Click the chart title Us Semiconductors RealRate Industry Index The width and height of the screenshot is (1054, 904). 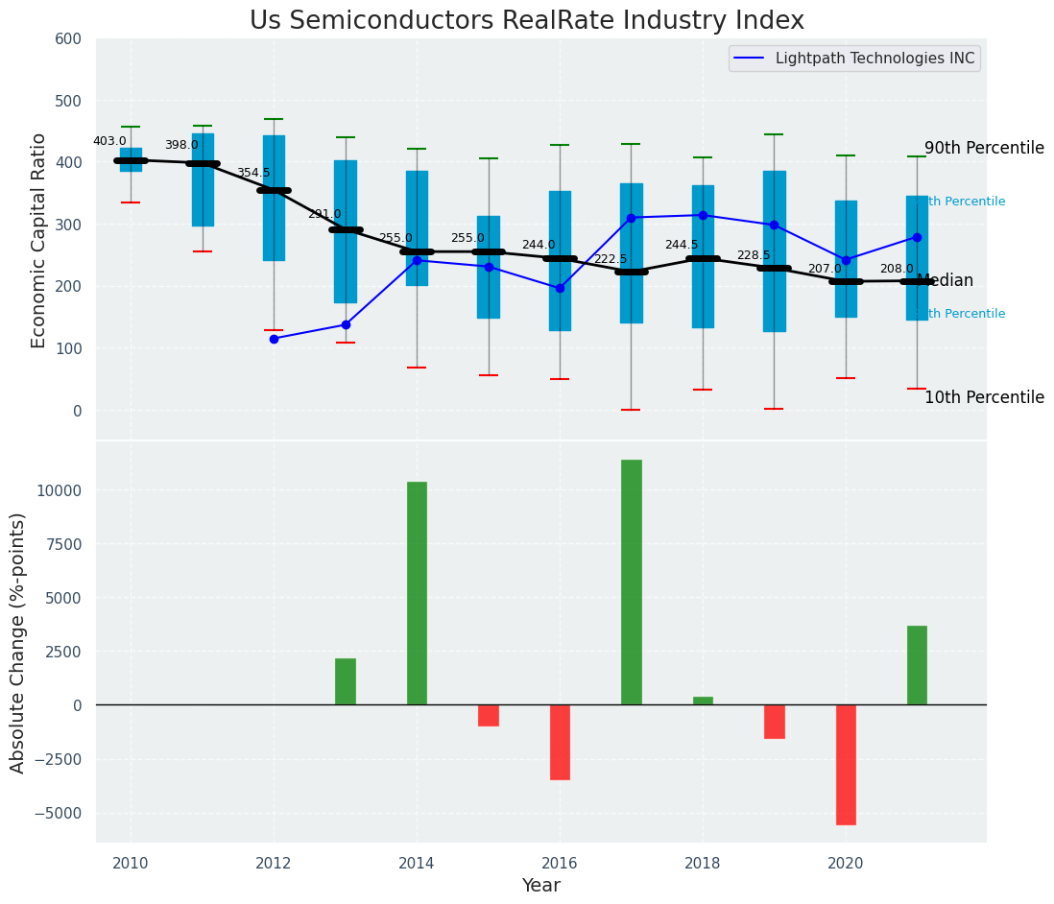[527, 21]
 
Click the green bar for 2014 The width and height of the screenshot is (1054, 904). [417, 593]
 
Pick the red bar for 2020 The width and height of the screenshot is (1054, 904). [846, 765]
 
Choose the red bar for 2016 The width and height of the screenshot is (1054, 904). [560, 742]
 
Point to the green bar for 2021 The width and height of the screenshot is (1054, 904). [917, 665]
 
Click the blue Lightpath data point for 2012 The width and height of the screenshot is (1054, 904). [274, 339]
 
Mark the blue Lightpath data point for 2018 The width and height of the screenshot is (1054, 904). [703, 215]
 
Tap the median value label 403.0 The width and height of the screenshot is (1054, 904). [109, 141]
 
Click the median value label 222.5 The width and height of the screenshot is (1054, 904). [611, 259]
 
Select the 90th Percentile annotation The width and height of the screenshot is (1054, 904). [984, 148]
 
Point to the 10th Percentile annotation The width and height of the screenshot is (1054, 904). [984, 397]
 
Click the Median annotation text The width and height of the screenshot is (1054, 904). [946, 281]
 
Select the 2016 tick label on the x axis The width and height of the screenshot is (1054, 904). [560, 863]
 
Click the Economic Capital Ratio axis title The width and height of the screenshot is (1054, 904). [39, 240]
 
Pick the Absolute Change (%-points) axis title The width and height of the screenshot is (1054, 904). [18, 642]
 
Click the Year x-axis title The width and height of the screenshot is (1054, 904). [540, 886]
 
